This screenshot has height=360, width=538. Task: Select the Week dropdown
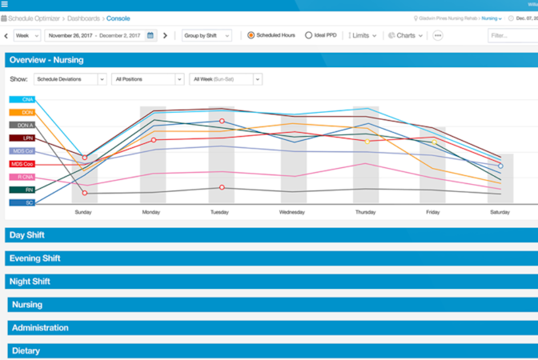pyautogui.click(x=26, y=35)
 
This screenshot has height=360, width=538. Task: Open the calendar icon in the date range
pyautogui.click(x=150, y=35)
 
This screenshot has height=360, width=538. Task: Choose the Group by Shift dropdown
pyautogui.click(x=207, y=35)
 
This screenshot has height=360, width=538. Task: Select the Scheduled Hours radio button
pyautogui.click(x=251, y=35)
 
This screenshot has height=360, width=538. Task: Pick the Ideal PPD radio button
pyautogui.click(x=309, y=35)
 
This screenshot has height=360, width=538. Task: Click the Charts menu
pyautogui.click(x=404, y=35)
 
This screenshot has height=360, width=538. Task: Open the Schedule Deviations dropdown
pyautogui.click(x=70, y=79)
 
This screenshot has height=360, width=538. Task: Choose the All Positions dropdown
pyautogui.click(x=147, y=79)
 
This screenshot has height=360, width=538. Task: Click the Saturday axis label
pyautogui.click(x=500, y=212)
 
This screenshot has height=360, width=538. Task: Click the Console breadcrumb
pyautogui.click(x=118, y=18)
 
